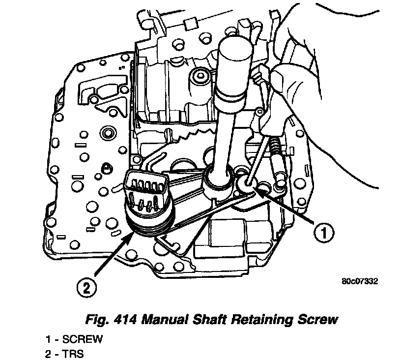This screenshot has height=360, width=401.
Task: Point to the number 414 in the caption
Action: [126, 320]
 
